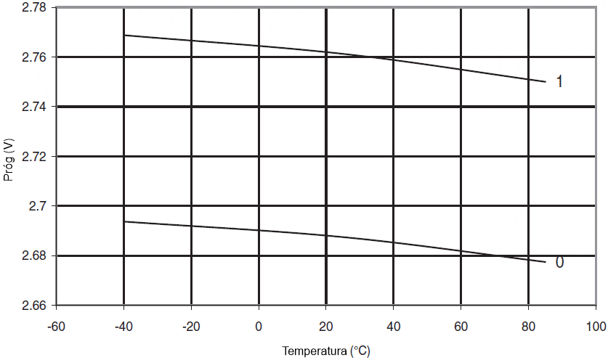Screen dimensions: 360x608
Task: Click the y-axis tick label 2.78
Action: point(33,8)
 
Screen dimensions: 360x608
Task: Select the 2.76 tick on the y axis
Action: point(33,57)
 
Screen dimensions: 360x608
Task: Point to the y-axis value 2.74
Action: point(33,107)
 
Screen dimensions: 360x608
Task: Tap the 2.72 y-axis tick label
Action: point(33,157)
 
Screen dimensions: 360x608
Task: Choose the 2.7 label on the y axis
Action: point(37,206)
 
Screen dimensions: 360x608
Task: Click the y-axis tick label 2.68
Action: point(33,256)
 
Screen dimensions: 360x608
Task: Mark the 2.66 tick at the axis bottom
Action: point(33,306)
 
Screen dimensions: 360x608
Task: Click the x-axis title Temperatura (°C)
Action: point(326,351)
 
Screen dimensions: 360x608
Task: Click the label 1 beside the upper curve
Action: point(559,82)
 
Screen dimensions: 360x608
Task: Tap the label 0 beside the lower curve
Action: point(559,263)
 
